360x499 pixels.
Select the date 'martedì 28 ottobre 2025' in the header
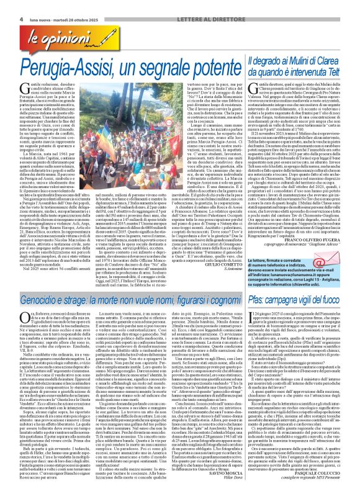coord(65,4)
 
